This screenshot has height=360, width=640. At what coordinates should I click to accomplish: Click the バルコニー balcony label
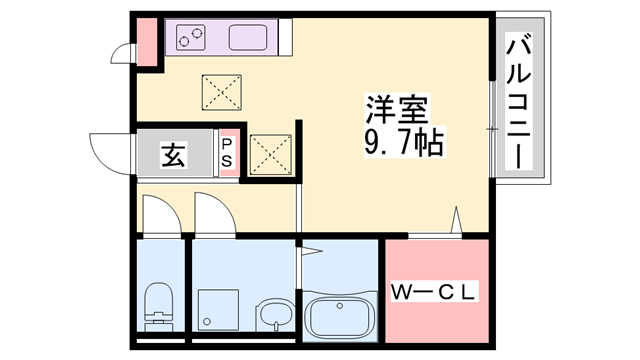coord(519,100)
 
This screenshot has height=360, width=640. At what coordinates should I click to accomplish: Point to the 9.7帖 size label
coord(396,140)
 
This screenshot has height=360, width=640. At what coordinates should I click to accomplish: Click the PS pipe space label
coord(227,154)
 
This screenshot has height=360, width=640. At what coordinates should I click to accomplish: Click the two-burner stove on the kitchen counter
coord(190,39)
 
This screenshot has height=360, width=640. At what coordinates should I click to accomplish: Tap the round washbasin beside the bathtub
coord(272,317)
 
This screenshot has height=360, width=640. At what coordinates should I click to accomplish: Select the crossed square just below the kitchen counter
coord(220,93)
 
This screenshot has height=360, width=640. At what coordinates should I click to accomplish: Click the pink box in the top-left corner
coord(147,41)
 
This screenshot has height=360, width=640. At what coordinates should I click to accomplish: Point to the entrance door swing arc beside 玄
coord(108,152)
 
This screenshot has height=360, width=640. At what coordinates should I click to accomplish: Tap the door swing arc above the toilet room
coord(159,215)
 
